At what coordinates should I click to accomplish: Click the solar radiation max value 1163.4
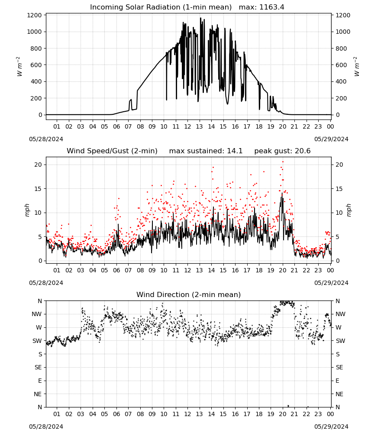coord(271,7)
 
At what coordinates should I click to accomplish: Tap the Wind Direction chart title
coord(189,294)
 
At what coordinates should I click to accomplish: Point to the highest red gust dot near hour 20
coord(283,162)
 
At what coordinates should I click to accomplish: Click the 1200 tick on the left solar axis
coord(34,15)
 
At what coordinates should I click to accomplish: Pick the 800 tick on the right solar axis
coord(341,48)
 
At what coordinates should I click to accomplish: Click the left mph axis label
coord(27,210)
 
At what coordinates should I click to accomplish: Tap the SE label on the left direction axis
coord(38,367)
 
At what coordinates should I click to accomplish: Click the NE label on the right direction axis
coord(339,394)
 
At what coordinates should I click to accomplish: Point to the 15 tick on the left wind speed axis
coord(38,189)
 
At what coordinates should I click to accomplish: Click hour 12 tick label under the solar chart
coord(187,126)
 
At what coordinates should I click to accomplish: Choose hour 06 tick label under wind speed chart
coord(116,270)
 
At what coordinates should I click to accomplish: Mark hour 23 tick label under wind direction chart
coord(318,414)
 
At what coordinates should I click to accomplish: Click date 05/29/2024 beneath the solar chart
coord(331,139)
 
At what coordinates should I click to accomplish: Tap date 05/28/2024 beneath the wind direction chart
coord(46,427)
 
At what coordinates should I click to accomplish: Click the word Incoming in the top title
coord(104,7)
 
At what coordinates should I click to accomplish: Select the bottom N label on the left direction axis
coord(40,407)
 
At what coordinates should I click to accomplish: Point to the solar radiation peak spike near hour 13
coord(200,18)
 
